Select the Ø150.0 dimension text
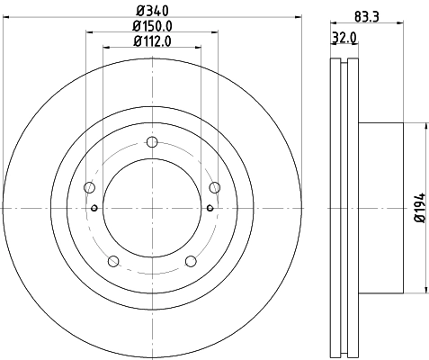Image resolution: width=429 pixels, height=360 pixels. (x=150, y=25)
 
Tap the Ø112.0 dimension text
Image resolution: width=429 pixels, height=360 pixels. (x=150, y=40)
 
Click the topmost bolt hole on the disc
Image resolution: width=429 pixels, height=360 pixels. (x=151, y=141)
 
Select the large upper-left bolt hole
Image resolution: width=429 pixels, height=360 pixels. (x=88, y=187)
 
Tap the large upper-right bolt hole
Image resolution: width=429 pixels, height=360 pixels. (x=214, y=187)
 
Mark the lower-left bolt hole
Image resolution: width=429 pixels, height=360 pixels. (x=112, y=261)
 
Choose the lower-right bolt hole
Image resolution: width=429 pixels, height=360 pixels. (x=190, y=261)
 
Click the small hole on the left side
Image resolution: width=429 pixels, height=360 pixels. (x=94, y=208)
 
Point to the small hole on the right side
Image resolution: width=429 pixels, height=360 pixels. (x=209, y=208)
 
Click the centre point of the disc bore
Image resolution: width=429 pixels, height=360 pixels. (x=151, y=208)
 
